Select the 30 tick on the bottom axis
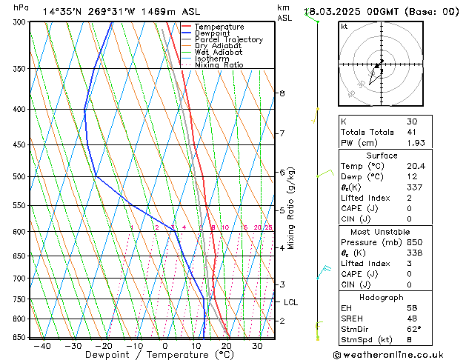(x=256, y=346)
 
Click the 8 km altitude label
(x=282, y=93)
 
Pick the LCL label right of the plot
(x=290, y=302)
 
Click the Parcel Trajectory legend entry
(x=228, y=40)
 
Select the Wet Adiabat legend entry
(x=218, y=53)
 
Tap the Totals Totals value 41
(x=411, y=132)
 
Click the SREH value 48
(x=411, y=319)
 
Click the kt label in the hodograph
(x=344, y=27)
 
